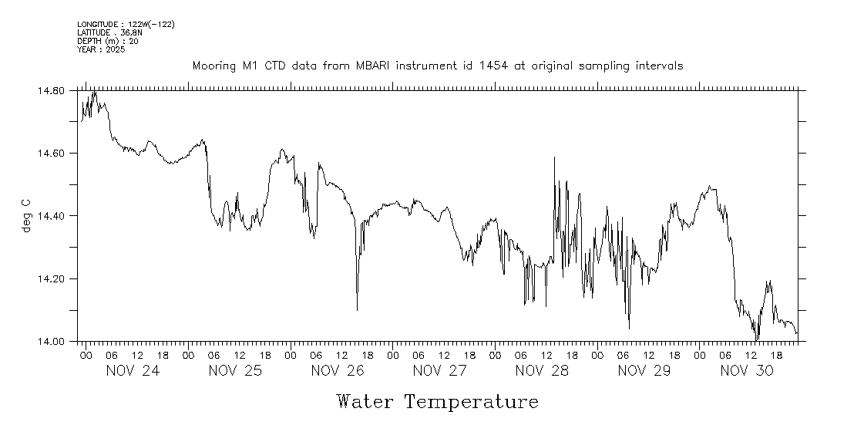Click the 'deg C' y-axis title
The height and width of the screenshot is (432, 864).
tap(26, 216)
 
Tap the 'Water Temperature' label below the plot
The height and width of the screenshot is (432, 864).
tap(437, 402)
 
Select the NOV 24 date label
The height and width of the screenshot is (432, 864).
tap(133, 371)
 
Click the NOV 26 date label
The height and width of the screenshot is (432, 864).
tap(338, 371)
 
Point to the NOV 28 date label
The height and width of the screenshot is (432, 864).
tap(542, 371)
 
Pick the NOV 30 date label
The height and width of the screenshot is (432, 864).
tap(746, 371)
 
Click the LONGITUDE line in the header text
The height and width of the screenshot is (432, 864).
tap(126, 25)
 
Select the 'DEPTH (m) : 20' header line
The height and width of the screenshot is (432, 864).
tap(108, 41)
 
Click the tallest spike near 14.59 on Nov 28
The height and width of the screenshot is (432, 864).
tap(554, 158)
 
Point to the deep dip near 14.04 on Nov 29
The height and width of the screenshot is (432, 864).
tap(629, 328)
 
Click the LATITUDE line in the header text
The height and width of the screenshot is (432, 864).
tap(109, 32)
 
